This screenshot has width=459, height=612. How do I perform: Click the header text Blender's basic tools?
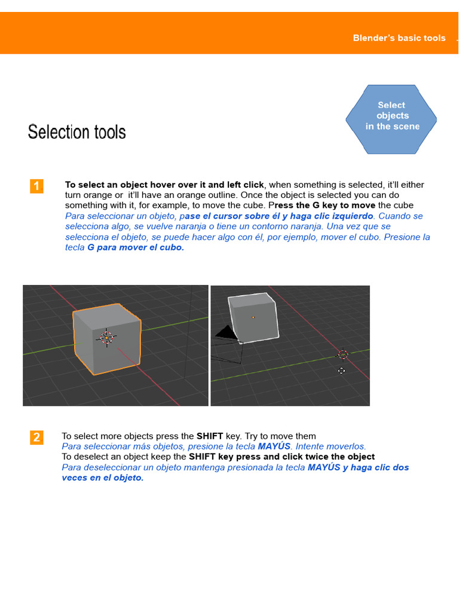pos(399,38)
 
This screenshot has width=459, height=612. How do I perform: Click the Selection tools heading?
pos(76,132)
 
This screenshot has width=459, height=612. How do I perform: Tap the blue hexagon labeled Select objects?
pos(391,118)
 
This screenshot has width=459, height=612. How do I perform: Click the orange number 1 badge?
pos(36,186)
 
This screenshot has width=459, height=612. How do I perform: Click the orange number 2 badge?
pos(36,437)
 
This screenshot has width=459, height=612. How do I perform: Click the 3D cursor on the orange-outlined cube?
pos(106,338)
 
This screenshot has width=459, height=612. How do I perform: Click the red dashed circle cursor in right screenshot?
pos(343,354)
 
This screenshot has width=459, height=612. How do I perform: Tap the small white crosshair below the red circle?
pos(341,371)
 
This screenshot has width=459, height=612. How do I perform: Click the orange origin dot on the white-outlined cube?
pos(253,317)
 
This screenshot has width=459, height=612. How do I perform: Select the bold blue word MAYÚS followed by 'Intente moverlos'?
pos(274,446)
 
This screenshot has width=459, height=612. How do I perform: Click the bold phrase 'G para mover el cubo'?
pos(136,247)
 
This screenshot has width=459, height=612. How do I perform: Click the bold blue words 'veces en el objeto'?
pos(103,478)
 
